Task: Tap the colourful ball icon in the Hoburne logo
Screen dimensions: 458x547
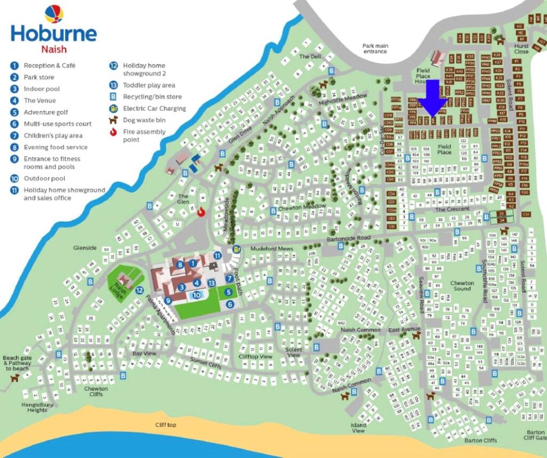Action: tap(53, 13)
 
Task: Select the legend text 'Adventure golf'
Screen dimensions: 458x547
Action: tap(46, 112)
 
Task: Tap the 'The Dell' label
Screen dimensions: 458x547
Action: tap(310, 56)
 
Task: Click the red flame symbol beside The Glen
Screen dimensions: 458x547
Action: tap(201, 211)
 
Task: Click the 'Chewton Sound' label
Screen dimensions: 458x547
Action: tap(462, 286)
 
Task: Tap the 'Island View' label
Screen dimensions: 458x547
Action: tap(358, 428)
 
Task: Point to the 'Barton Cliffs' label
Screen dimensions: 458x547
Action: tap(480, 440)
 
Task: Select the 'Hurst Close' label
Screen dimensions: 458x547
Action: tap(521, 49)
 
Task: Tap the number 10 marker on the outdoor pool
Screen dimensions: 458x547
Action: tap(197, 295)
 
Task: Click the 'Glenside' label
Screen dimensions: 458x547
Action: tap(85, 248)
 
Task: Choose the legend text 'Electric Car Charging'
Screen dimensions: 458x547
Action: tap(154, 108)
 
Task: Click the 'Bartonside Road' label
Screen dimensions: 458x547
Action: tap(348, 238)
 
